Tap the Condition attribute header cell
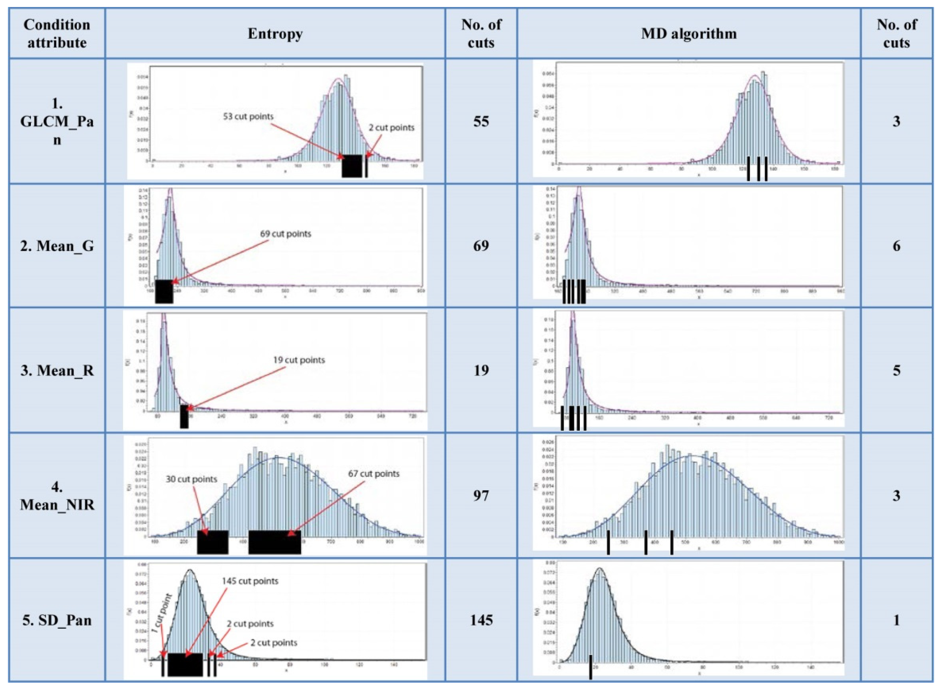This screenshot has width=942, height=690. pyautogui.click(x=57, y=33)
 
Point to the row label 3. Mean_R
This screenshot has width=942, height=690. pyautogui.click(x=57, y=370)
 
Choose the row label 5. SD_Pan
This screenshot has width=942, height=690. pyautogui.click(x=57, y=620)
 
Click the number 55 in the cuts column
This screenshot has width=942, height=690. pyautogui.click(x=481, y=121)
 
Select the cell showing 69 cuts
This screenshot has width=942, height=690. pyautogui.click(x=481, y=245)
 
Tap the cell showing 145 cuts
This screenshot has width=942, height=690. pyautogui.click(x=481, y=620)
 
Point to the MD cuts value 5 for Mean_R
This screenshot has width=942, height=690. pyautogui.click(x=896, y=370)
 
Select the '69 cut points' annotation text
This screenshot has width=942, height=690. pyautogui.click(x=286, y=234)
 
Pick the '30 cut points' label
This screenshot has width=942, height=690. pyautogui.click(x=191, y=479)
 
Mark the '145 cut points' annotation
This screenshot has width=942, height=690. pyautogui.click(x=250, y=581)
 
